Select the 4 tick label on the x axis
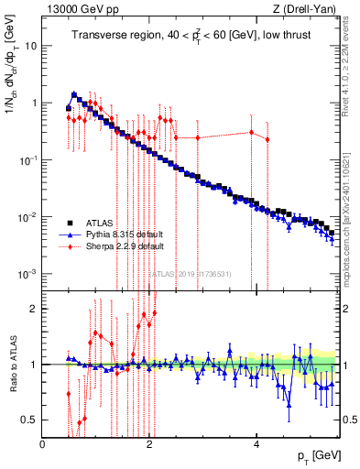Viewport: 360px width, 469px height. point(256,443)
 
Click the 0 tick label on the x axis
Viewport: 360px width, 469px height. point(43,443)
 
